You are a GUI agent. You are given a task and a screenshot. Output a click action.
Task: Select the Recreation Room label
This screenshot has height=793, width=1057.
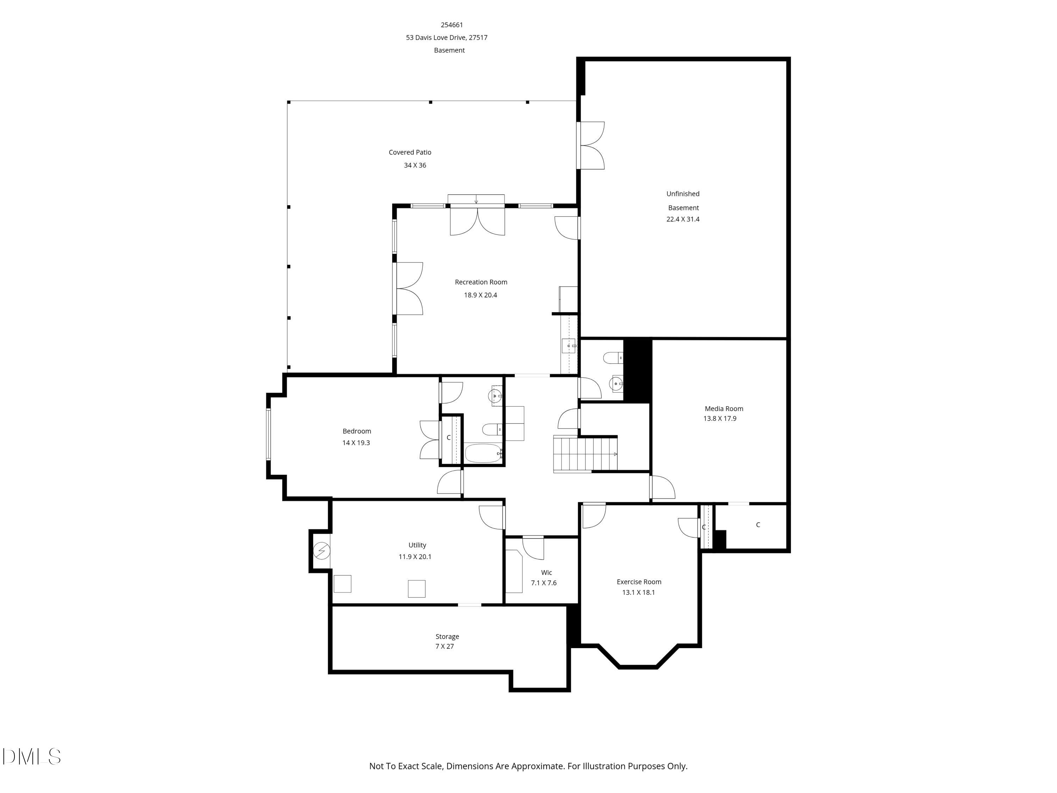click(481, 282)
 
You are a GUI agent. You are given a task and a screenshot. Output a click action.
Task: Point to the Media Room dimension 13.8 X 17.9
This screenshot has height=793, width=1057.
click(719, 419)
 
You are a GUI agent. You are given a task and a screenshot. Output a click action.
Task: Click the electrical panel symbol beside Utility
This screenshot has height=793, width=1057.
click(322, 551)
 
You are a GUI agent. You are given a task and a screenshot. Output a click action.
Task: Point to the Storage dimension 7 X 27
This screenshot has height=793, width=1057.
click(444, 647)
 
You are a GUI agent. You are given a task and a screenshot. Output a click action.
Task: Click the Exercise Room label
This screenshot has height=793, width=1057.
click(638, 582)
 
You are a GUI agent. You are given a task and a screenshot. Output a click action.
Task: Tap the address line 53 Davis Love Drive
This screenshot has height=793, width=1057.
click(446, 37)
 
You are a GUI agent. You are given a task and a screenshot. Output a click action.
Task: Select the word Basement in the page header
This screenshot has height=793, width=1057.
click(449, 50)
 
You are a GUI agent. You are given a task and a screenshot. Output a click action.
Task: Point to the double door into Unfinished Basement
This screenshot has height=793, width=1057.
click(592, 145)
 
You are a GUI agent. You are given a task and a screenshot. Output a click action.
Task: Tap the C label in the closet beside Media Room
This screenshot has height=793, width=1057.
click(758, 525)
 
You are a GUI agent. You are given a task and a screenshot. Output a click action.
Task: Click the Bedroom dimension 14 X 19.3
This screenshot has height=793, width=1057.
click(356, 443)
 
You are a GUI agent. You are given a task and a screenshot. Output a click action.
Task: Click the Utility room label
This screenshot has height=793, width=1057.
click(417, 545)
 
